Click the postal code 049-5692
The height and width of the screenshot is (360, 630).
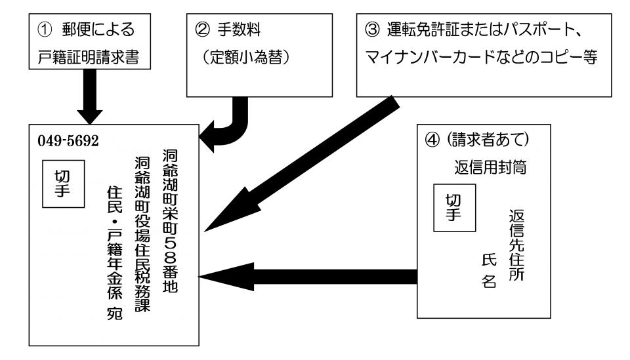[68, 141]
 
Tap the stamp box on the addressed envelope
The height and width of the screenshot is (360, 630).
[64, 184]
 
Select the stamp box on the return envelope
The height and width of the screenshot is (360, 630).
[454, 208]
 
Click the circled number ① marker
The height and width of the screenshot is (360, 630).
[45, 30]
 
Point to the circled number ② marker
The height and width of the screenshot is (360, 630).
[202, 30]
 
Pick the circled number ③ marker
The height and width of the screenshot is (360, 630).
[372, 30]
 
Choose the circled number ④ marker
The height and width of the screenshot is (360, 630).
[432, 140]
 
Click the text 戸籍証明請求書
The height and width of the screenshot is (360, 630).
[89, 58]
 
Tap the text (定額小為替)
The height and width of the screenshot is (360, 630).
[246, 58]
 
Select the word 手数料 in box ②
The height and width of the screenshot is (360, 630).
[239, 30]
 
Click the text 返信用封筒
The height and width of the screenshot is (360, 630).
[490, 167]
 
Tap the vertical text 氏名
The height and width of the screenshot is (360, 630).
[489, 271]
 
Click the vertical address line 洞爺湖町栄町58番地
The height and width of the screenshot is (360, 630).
[171, 221]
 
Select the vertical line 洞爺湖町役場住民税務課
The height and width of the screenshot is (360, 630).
[142, 234]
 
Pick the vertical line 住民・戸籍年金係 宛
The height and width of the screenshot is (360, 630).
[114, 252]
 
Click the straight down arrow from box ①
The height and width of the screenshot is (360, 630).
[90, 97]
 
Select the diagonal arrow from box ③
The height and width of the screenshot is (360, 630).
[302, 163]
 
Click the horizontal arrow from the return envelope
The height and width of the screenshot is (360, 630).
[308, 277]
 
